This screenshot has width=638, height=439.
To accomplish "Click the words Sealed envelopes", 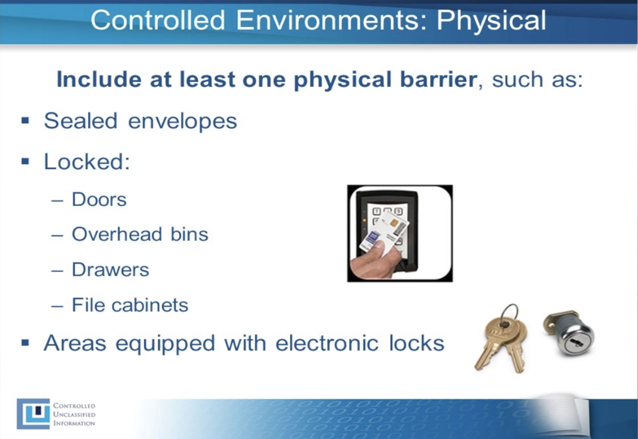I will pos(140,121).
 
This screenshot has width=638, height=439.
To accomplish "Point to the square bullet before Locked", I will pos(25,161).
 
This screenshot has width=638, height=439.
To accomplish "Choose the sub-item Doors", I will pos(99,199).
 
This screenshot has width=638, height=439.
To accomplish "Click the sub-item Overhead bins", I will pos(140,235).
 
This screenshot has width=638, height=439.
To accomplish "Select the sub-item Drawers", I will pos(110,270).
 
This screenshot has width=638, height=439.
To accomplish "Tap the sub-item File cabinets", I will pos(130,305).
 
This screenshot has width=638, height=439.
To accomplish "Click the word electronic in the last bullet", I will pos(327,343).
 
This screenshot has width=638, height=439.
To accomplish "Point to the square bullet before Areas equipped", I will pos(25,343).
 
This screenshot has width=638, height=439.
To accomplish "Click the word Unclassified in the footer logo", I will pos(74,415).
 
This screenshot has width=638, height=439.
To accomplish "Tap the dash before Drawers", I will pos(57,270).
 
